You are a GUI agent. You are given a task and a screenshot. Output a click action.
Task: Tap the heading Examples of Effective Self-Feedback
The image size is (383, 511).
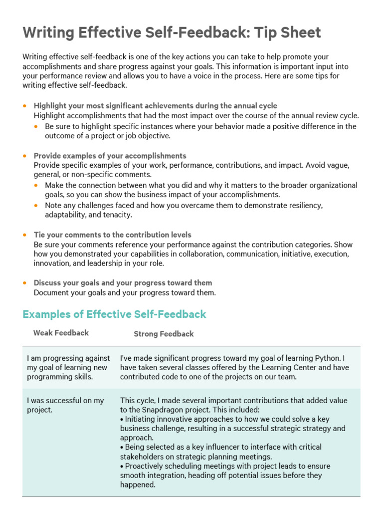click(x=114, y=314)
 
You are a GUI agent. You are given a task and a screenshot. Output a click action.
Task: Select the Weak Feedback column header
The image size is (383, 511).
click(x=61, y=333)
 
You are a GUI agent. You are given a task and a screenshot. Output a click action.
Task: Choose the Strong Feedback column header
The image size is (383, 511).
click(x=164, y=334)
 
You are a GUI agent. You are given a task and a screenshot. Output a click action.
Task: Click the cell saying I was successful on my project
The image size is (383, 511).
click(x=65, y=405)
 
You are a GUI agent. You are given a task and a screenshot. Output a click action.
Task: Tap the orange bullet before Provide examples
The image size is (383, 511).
click(x=25, y=156)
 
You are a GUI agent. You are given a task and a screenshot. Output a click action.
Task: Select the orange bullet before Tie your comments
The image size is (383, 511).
click(x=25, y=235)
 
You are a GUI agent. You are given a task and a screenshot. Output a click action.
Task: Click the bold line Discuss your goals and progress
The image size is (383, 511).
click(x=123, y=283)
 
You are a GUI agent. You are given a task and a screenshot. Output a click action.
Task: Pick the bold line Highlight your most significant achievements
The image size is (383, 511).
click(x=155, y=106)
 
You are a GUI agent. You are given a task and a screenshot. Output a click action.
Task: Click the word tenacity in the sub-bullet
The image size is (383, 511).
click(x=117, y=215)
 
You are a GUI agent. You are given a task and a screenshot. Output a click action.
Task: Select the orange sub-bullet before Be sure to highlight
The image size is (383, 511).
click(x=35, y=126)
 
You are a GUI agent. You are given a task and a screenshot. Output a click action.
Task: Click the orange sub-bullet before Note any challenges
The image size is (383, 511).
click(x=35, y=205)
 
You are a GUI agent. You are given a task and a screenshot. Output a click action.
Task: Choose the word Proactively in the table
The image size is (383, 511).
click(x=147, y=466)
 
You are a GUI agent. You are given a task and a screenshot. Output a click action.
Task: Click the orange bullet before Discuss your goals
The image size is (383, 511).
click(x=25, y=283)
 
